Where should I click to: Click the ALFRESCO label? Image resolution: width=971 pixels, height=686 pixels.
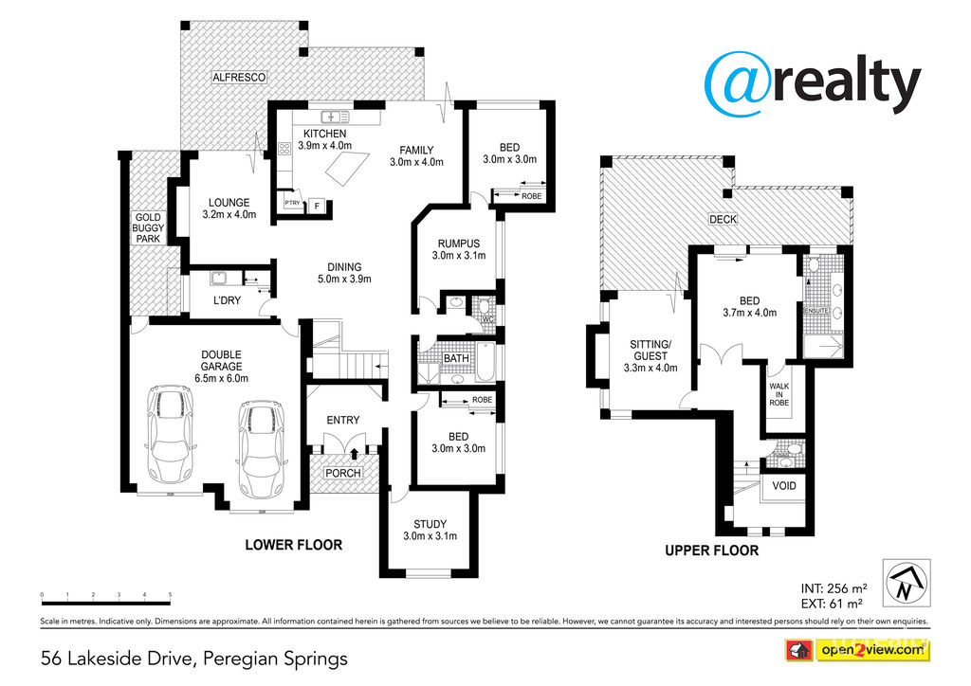click(x=239, y=76)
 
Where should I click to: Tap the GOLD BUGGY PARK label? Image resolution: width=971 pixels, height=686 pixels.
click(x=148, y=227)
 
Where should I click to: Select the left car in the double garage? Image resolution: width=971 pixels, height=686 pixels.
click(x=172, y=434)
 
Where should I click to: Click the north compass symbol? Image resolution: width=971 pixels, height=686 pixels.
click(x=905, y=581)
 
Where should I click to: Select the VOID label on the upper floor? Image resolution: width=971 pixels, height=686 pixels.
click(x=784, y=486)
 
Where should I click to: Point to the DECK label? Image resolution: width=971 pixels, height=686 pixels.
click(x=724, y=220)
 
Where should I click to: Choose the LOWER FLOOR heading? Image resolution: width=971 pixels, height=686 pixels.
click(x=293, y=545)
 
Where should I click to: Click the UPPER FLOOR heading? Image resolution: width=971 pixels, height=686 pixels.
click(x=711, y=551)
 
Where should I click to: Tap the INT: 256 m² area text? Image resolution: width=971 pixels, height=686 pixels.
click(x=829, y=587)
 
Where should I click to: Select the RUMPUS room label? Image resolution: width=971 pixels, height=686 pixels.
click(x=458, y=244)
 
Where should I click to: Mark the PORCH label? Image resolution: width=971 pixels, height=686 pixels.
click(x=343, y=473)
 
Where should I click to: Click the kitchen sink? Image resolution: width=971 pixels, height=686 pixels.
click(x=332, y=117)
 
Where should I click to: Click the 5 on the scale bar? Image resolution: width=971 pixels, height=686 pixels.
click(x=170, y=595)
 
